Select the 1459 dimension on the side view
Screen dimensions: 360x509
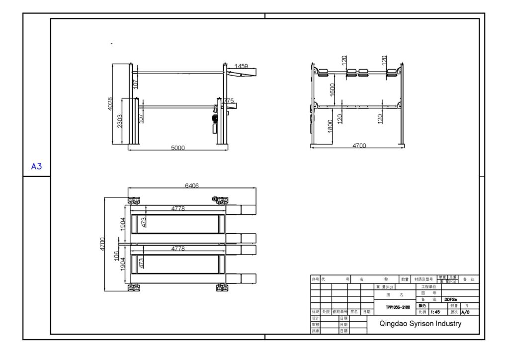(241, 66)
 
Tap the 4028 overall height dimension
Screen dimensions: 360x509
(110, 104)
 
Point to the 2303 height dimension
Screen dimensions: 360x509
(120, 121)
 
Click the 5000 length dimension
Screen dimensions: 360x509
(177, 148)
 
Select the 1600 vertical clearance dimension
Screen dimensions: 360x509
(332, 90)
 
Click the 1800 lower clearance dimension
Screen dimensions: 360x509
(331, 126)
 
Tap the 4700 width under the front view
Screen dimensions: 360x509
(359, 146)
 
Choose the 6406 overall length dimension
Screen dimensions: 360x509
(192, 185)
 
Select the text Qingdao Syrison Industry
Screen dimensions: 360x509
(420, 324)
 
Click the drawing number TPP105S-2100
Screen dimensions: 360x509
(398, 307)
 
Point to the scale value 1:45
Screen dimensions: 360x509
(435, 312)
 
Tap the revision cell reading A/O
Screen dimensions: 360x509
(465, 312)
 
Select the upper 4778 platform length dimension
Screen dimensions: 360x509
(177, 209)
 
